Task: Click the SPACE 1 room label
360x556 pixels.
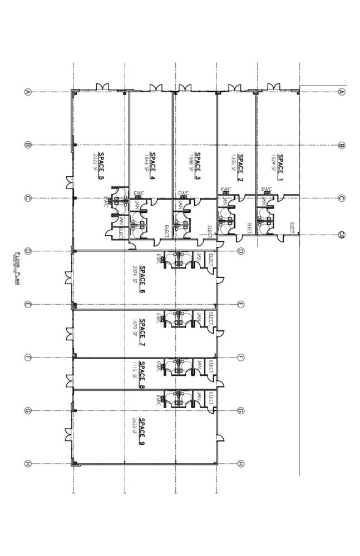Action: point(280,163)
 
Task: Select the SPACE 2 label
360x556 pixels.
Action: point(240,163)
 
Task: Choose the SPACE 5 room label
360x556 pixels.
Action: point(101,166)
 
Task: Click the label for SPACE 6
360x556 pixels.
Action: point(142,276)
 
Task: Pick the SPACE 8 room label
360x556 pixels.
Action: point(142,374)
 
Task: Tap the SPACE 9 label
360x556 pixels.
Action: point(142,431)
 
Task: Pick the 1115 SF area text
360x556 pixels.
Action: point(135,369)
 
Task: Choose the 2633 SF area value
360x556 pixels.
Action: point(135,431)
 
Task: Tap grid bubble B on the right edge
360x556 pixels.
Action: point(342,145)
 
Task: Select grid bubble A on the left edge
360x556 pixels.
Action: point(27,92)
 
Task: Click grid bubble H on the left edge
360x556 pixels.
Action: point(27,464)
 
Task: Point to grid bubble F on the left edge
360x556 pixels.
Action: point(27,358)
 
